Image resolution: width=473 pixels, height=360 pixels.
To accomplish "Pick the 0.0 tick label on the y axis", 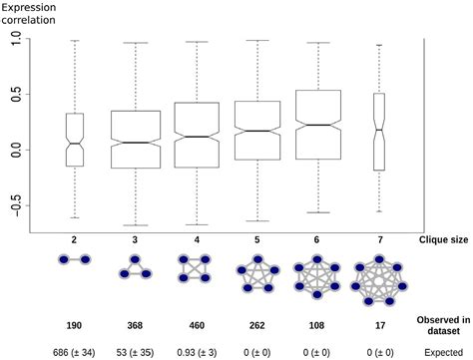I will pyautogui.click(x=20, y=150).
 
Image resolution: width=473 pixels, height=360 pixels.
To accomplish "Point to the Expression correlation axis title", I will pyautogui.click(x=34, y=13).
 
